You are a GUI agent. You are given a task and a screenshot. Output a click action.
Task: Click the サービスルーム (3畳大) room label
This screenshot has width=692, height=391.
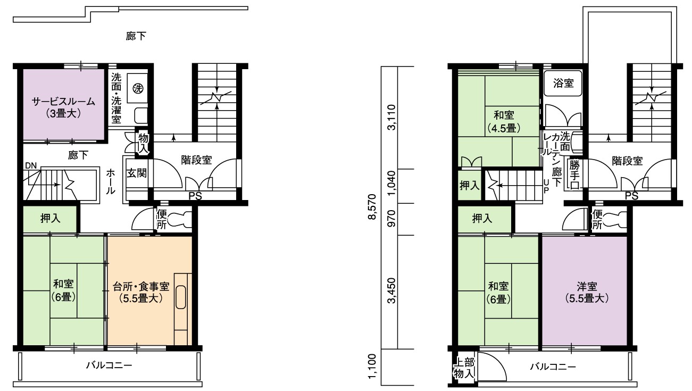(x=64, y=107)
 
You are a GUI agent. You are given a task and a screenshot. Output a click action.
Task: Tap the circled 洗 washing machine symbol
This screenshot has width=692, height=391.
(x=138, y=89)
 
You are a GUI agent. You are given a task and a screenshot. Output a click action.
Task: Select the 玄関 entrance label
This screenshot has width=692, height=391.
(x=137, y=173)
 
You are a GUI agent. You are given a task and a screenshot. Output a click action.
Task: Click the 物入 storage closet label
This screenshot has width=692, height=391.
(x=144, y=144)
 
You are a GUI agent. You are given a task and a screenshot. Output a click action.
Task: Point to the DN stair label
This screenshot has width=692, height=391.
(x=31, y=166)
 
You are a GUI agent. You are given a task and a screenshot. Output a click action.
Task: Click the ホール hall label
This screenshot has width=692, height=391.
(x=111, y=181)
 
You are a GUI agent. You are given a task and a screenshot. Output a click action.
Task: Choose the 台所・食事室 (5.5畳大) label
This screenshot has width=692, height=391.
(x=141, y=292)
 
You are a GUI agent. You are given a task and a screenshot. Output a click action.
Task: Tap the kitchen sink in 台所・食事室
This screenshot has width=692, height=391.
(x=181, y=297)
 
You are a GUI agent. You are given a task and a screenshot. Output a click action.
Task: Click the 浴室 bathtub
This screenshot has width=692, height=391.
(x=563, y=83)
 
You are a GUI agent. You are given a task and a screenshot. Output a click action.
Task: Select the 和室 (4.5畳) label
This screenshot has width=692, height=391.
(x=504, y=121)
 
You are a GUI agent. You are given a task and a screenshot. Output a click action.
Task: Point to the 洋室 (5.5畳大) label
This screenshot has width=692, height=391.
(x=587, y=293)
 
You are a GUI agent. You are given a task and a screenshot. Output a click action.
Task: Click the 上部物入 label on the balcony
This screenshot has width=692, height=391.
(x=464, y=368)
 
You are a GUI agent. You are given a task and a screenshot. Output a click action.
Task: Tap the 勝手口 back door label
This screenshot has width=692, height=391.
(x=574, y=174)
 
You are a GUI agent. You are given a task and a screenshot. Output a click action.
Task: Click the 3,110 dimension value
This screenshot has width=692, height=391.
(x=391, y=118)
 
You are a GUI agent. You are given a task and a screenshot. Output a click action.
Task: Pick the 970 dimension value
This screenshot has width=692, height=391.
(x=391, y=219)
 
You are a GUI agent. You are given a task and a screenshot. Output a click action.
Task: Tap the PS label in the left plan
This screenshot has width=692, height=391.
(x=195, y=196)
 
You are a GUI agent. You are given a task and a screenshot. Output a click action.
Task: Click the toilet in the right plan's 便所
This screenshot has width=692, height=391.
(x=615, y=219)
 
